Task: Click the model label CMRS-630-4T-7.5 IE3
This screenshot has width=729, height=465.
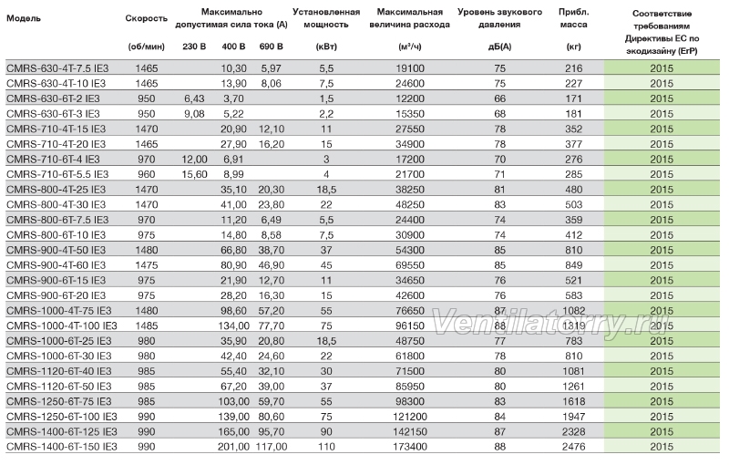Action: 57,68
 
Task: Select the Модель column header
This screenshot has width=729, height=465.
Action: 24,18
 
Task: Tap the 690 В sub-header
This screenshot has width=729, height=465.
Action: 271,46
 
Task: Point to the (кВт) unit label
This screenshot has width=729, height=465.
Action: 326,46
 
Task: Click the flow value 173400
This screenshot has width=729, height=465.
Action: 409,447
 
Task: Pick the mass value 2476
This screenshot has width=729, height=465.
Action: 573,447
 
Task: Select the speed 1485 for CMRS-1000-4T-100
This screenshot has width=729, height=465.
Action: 147,326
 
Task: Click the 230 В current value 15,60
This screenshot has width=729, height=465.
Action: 194,174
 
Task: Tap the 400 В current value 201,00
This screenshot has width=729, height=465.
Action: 233,447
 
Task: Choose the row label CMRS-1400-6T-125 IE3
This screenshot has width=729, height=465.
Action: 61,431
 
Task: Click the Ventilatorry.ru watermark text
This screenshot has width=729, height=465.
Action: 550,322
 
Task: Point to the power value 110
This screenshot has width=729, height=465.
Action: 326,447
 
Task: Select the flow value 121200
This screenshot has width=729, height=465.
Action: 409,417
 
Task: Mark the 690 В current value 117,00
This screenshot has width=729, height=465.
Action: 271,447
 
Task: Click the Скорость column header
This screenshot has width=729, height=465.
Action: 146,18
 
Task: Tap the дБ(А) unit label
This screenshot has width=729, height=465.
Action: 499,46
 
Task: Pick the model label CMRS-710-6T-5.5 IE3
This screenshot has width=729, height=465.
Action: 57,174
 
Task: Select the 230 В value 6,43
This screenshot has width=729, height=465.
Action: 194,98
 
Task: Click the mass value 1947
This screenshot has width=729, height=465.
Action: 573,417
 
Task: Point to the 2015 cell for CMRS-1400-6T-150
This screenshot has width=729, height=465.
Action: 662,447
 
